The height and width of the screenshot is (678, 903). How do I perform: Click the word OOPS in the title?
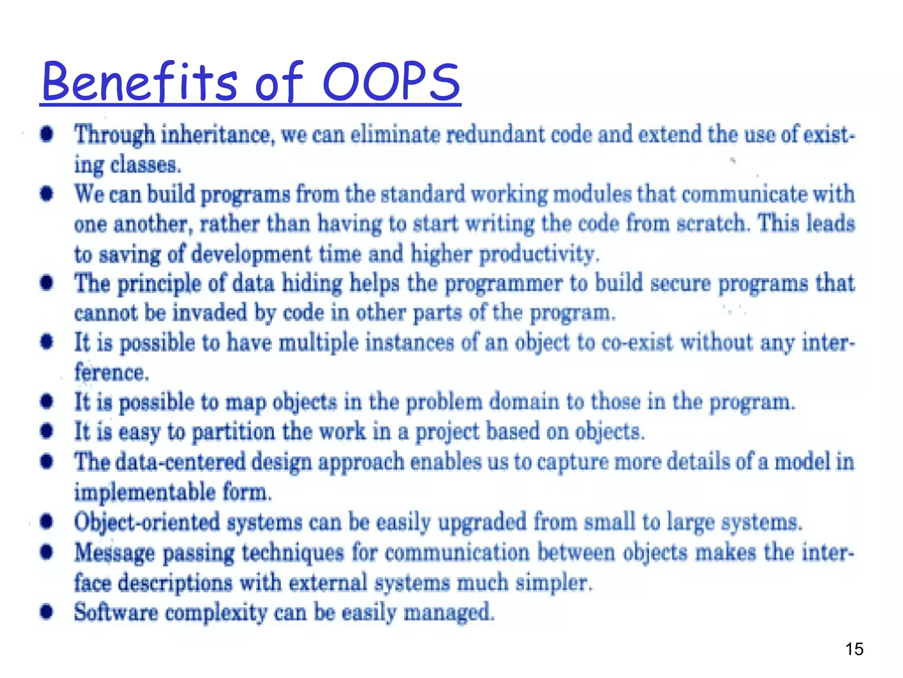coord(392,82)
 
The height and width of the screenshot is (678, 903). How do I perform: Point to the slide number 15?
coord(854,649)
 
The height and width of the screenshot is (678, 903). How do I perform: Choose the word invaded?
coord(209,313)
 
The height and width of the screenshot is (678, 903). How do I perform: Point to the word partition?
coord(234,432)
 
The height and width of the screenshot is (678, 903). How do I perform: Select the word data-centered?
coord(180,462)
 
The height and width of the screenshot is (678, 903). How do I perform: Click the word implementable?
coord(145,492)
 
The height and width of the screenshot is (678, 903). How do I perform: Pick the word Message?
coord(115,553)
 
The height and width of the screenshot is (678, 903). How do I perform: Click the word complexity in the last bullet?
coord(216,613)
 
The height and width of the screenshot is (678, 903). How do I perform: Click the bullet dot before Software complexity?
coord(47,612)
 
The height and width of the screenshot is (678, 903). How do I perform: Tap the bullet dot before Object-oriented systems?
coord(47,522)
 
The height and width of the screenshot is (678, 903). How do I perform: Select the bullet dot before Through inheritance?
coord(47,134)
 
